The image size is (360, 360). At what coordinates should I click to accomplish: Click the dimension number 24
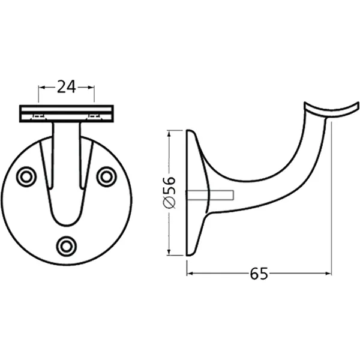click(x=67, y=88)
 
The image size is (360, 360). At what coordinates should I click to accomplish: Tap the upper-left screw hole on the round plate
click(x=26, y=176)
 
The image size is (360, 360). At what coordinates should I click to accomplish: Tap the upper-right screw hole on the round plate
click(x=106, y=176)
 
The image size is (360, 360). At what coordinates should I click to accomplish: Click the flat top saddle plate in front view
click(x=67, y=113)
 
